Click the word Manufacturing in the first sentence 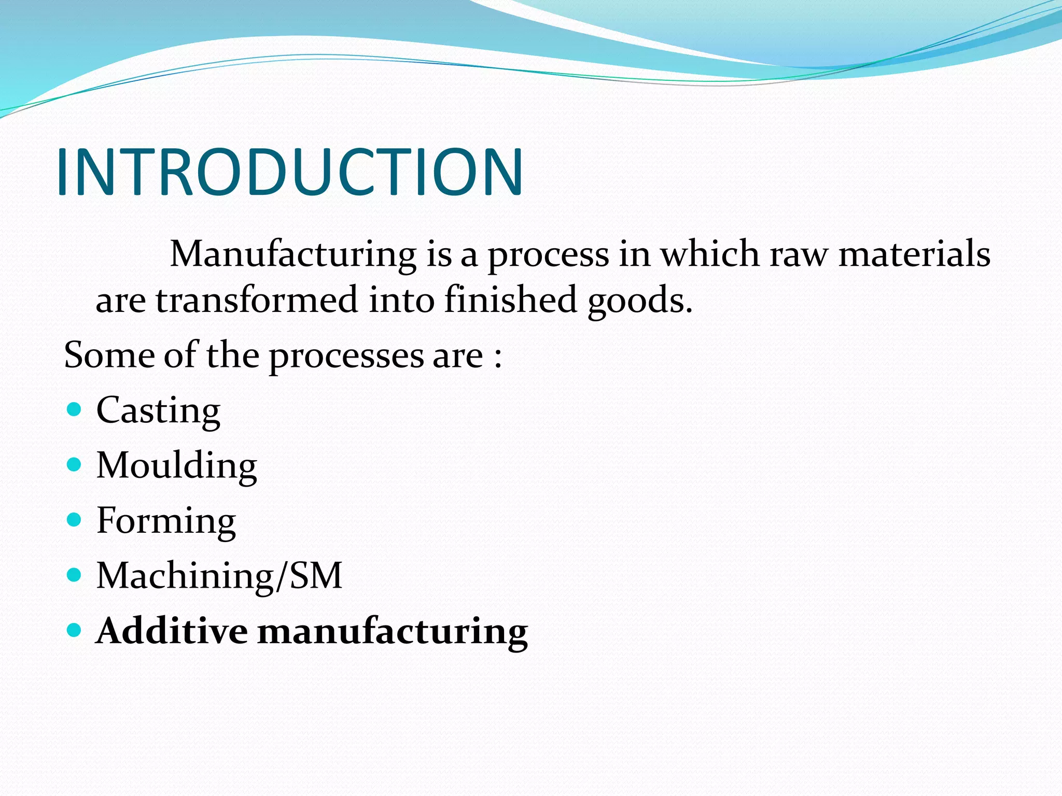pos(293,254)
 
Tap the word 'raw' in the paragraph pos(799,255)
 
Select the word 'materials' pos(914,254)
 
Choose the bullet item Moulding pos(176,466)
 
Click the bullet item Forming pos(166,521)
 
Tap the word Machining pos(185,576)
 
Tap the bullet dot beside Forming pos(75,520)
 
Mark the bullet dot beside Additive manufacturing pos(75,630)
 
